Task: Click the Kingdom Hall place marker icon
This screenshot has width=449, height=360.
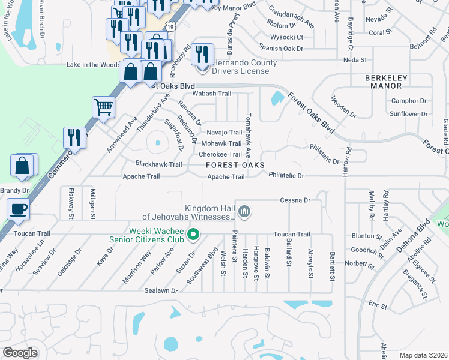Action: coord(244,211)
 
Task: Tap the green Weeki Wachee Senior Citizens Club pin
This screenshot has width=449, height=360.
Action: coord(193,234)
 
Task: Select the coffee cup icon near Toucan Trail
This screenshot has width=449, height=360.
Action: coord(17,209)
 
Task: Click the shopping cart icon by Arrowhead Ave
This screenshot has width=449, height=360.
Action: coord(103,107)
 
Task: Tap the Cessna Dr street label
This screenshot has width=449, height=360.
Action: coord(295,200)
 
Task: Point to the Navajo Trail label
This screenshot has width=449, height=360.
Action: coord(224,132)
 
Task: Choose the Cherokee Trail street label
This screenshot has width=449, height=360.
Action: coord(220,154)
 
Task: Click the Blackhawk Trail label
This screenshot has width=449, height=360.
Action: coord(158,164)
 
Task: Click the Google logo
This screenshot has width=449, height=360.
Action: coord(20,353)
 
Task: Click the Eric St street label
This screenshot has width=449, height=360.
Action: coord(378,306)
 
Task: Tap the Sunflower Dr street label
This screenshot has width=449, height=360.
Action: coord(408,113)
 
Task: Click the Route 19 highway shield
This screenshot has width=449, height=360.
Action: coord(172,26)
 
